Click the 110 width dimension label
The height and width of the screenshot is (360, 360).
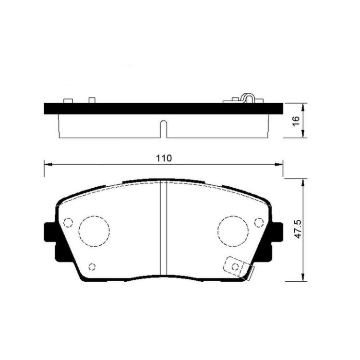164,158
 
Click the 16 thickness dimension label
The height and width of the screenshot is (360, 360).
297,121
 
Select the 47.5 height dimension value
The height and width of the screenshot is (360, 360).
298,229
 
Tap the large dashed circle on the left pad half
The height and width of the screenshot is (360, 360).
94,231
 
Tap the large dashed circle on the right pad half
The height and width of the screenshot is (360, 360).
233,231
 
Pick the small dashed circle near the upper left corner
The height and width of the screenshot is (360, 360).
68,222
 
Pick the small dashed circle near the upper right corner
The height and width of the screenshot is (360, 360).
259,222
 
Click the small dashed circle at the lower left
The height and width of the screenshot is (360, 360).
92,267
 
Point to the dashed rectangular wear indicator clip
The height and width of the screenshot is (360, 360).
237,267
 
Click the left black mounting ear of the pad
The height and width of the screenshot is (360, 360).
49,232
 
